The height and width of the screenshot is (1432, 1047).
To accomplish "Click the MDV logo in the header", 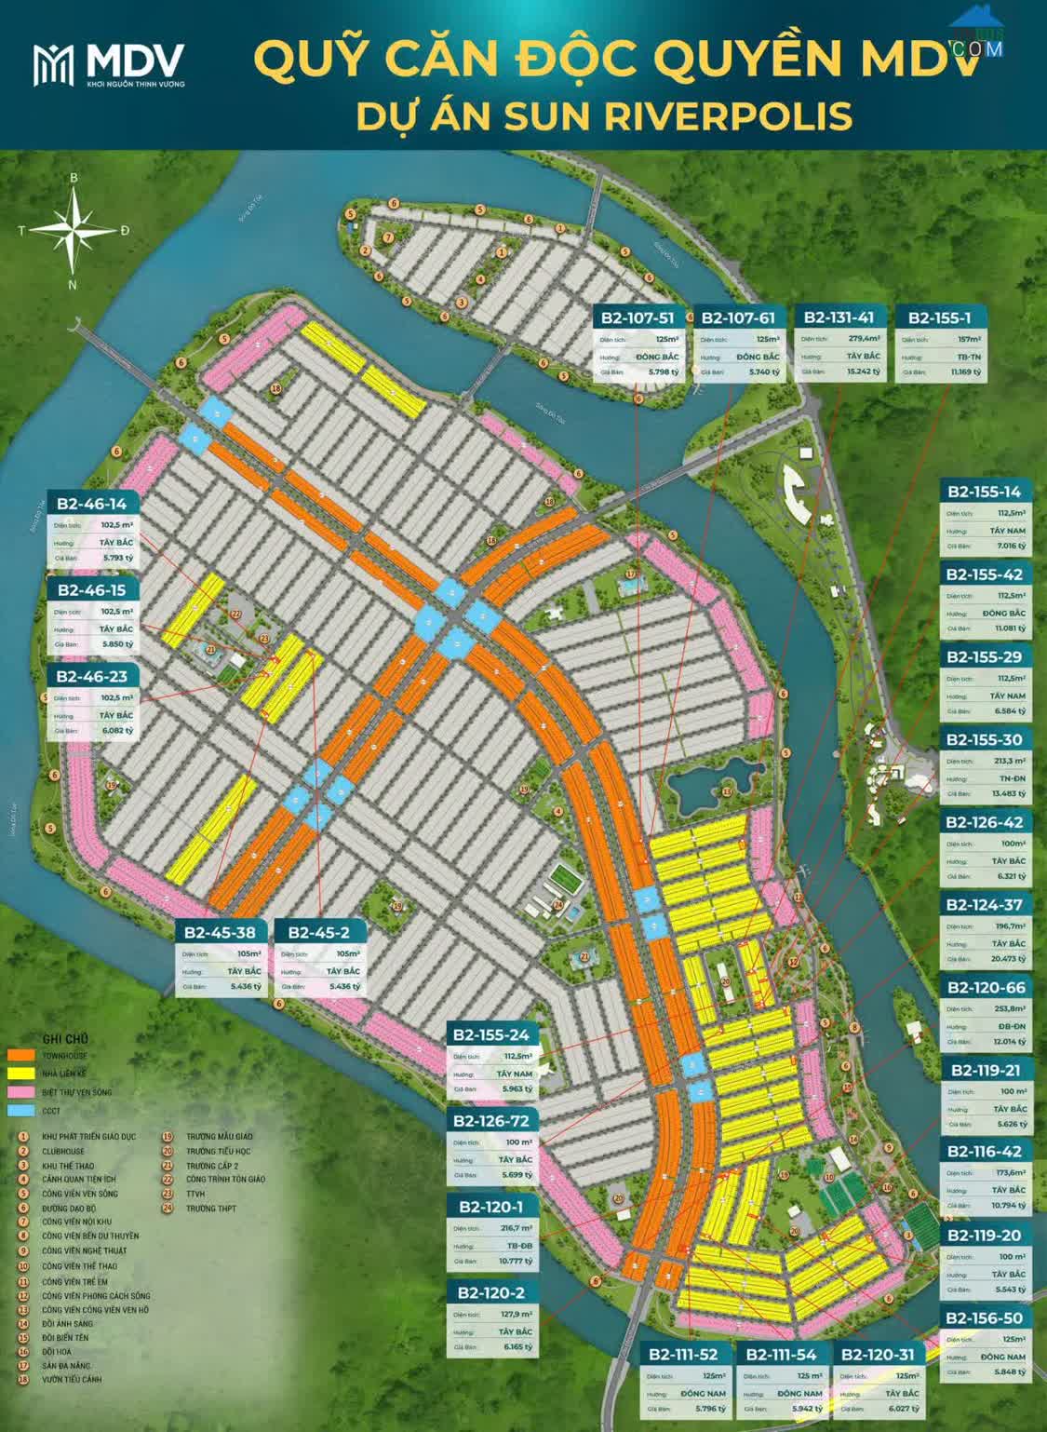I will [x=108, y=64].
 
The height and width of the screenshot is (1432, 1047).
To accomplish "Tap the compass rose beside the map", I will [x=74, y=228].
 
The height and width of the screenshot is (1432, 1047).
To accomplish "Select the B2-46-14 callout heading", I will [x=91, y=504].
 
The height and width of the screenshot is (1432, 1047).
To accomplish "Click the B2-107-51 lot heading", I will [x=638, y=317].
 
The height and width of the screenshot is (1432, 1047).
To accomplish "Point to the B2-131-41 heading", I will [x=839, y=317].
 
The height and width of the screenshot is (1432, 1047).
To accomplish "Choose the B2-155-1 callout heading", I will [x=939, y=317].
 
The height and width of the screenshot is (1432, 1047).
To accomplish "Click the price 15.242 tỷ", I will [x=864, y=372].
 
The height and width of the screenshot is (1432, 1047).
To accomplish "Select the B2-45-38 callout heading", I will [x=219, y=932].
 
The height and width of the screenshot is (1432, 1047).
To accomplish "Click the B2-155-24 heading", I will [x=490, y=1034].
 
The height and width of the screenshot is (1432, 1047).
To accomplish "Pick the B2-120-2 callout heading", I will [x=490, y=1292].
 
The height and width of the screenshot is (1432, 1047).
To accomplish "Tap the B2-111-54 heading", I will [x=781, y=1354].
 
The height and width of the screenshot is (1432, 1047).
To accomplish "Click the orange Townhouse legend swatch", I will [x=21, y=1057].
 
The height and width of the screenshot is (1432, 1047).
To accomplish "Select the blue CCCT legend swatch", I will [x=21, y=1110].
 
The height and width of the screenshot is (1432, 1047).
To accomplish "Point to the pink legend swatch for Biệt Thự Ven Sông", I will [x=21, y=1091].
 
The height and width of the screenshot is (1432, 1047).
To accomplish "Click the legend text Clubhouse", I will [x=63, y=1151].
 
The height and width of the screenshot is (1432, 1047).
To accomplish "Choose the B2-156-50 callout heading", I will [x=984, y=1317].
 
